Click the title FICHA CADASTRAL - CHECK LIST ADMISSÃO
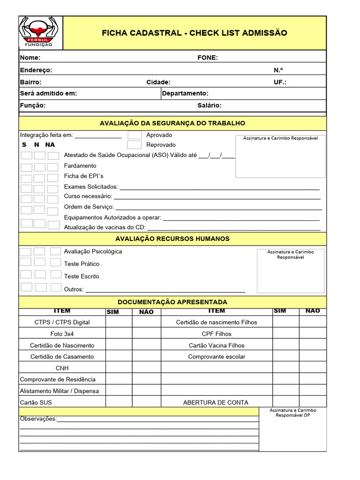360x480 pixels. click(195, 33)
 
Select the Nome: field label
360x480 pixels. click(30, 58)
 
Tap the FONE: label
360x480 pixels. click(208, 58)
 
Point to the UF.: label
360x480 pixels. click(280, 82)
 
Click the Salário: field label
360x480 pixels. click(210, 105)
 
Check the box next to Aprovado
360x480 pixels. click(135, 135)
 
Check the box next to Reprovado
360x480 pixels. click(135, 145)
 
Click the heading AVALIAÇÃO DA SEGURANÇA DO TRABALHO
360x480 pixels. click(172, 123)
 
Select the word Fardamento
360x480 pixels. click(80, 165)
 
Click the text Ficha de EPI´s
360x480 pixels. click(83, 176)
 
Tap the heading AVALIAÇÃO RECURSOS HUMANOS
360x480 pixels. click(172, 239)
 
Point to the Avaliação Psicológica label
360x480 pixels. click(93, 251)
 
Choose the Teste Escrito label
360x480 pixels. click(82, 276)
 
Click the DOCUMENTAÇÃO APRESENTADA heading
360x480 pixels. click(172, 302)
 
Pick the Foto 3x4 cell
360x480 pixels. click(62, 334)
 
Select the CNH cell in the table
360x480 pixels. click(62, 368)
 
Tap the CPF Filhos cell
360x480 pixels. click(217, 334)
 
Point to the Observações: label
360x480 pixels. click(38, 419)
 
